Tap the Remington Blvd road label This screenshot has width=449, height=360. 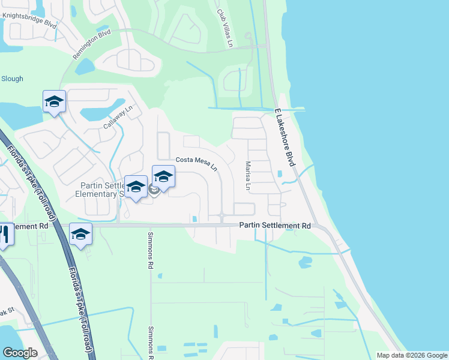coord(92,44)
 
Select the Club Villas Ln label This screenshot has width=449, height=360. coord(224,20)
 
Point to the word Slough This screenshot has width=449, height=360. coord(12,79)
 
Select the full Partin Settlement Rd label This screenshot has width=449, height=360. coord(275,226)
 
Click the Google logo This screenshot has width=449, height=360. coord(20,353)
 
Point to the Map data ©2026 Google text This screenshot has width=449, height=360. coord(411,355)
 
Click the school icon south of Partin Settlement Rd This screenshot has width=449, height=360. coord(80,233)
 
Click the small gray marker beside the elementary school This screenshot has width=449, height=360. coord(154,191)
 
